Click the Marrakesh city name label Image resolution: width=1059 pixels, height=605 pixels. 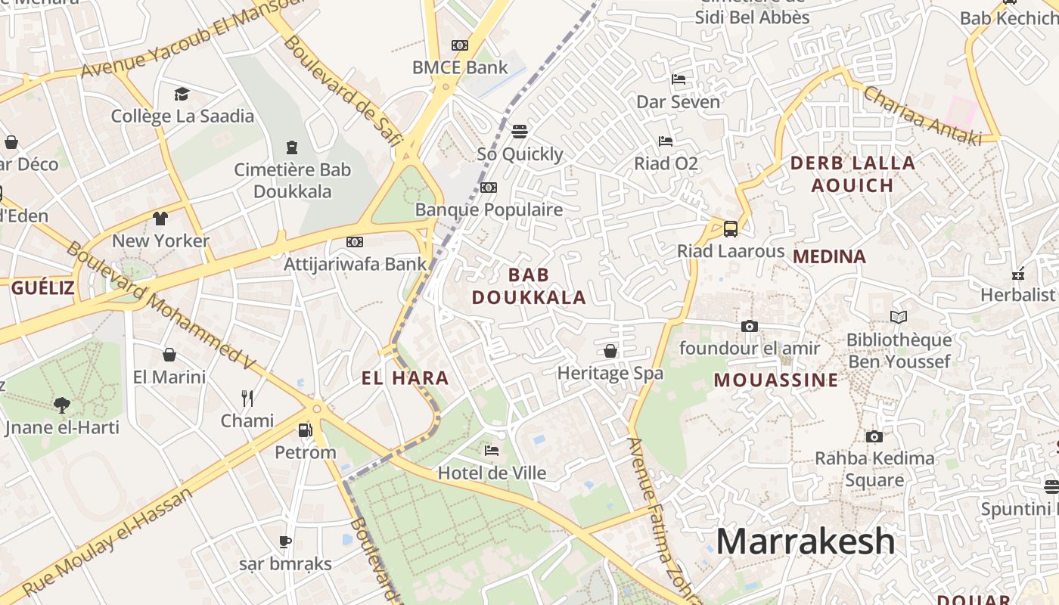(x=805, y=541)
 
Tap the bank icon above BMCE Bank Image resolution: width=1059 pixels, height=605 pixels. (x=460, y=45)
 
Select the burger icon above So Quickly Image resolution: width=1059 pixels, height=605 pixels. (x=519, y=132)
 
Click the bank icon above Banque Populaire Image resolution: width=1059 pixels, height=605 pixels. (x=489, y=188)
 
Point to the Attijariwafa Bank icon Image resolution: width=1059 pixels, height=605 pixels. (x=354, y=242)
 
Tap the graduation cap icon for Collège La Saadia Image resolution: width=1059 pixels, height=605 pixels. (x=182, y=94)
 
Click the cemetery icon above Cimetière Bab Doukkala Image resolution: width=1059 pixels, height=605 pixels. (x=292, y=147)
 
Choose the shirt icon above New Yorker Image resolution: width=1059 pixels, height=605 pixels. (x=160, y=219)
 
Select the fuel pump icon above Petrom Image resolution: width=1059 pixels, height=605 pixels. (x=305, y=430)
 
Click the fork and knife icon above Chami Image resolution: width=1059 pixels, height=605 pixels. (x=247, y=398)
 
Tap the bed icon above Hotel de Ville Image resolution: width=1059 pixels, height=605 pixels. (x=492, y=451)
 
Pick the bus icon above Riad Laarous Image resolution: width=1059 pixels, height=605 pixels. (x=731, y=228)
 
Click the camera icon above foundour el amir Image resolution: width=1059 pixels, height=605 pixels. (x=750, y=326)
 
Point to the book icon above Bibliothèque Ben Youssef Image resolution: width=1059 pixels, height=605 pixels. (x=899, y=318)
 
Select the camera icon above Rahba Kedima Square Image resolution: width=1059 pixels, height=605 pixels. (x=874, y=436)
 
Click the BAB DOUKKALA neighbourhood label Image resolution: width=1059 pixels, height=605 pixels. (x=529, y=286)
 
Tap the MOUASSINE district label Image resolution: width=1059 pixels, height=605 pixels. (x=776, y=380)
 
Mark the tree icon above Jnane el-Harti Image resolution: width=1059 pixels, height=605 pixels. (x=62, y=405)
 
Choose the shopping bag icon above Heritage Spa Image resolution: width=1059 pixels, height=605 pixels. (x=610, y=351)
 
